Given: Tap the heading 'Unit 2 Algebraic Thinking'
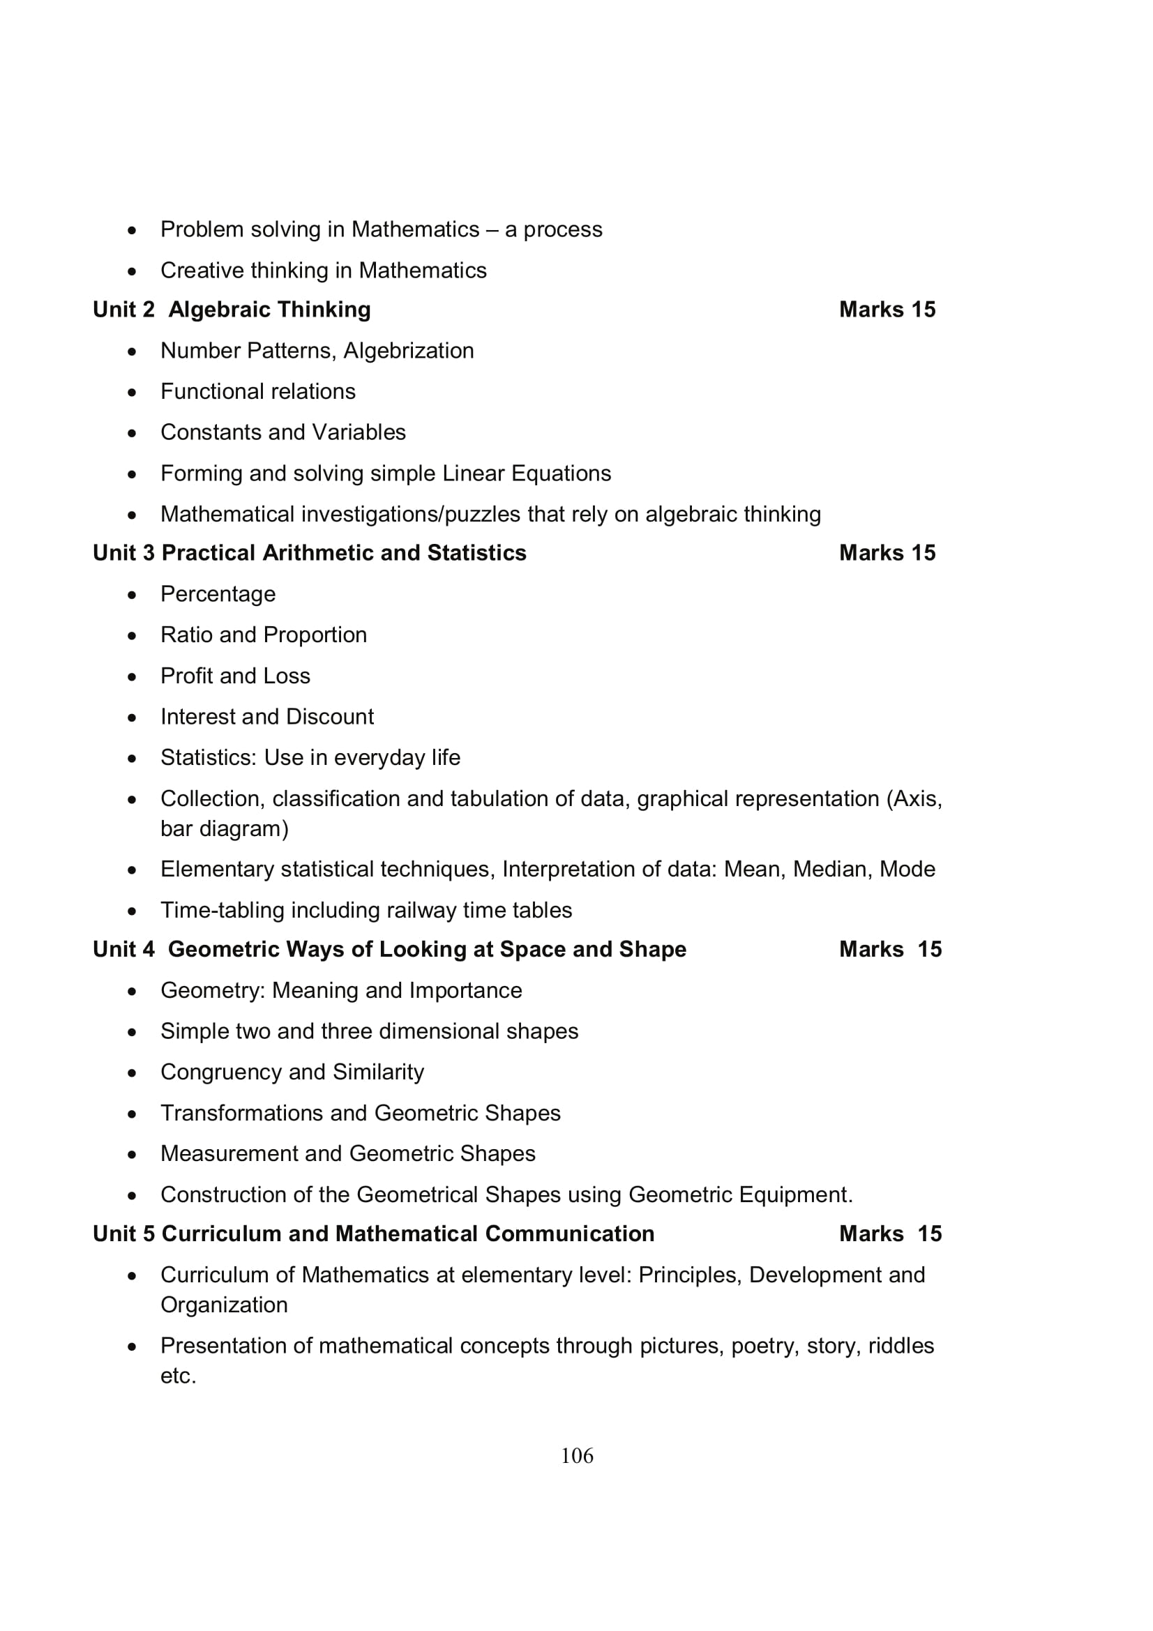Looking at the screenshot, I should [232, 310].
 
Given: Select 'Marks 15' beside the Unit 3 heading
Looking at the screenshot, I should [887, 553].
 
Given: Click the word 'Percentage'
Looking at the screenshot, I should [218, 594].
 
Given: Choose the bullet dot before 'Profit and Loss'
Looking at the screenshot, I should [132, 677].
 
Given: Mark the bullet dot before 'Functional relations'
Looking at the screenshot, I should [132, 393].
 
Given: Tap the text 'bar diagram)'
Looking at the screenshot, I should [225, 828].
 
